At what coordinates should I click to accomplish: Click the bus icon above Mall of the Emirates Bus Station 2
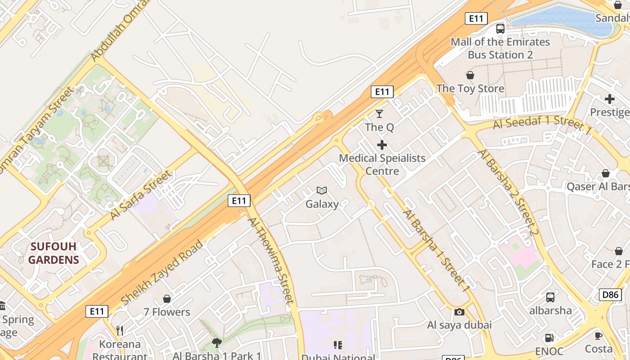coord(500,29)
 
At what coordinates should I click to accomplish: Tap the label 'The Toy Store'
coord(470,89)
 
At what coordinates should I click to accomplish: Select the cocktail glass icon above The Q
coord(380,114)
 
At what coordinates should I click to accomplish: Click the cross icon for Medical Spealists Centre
coord(382,145)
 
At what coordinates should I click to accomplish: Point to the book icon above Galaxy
coord(322,191)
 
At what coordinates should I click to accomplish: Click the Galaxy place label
coord(322,204)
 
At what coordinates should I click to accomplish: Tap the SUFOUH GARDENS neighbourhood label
coord(54,253)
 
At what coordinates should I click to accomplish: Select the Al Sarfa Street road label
coord(140,195)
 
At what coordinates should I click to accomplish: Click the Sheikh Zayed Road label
coord(162,272)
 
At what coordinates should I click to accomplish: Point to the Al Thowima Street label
coord(271,261)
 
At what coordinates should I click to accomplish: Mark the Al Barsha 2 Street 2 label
coord(508,192)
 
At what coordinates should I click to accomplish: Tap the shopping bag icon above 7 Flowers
coord(167,299)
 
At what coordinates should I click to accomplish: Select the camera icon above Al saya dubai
coord(459,312)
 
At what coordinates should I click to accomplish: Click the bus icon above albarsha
coord(550,297)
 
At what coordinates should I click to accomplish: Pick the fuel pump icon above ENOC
coord(549,337)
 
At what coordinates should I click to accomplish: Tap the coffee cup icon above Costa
coord(598,336)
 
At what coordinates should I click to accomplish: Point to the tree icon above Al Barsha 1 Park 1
coord(217,343)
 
